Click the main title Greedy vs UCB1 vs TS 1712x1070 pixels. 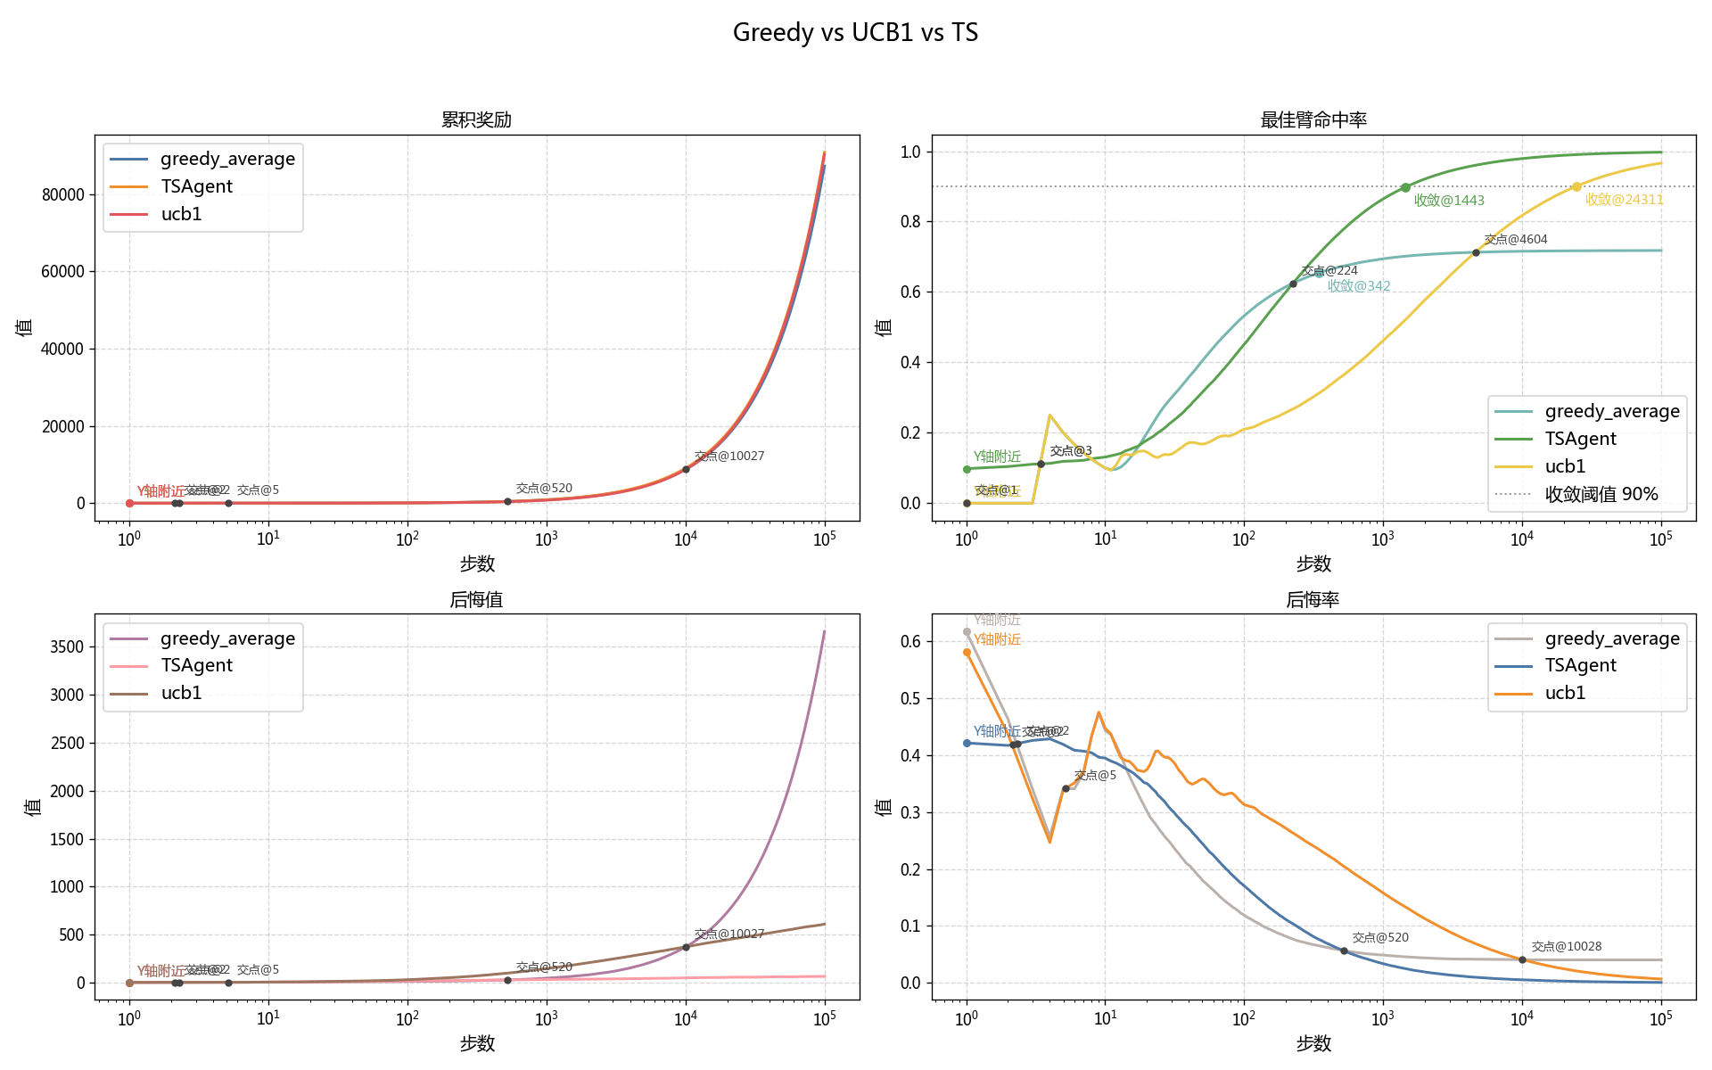pos(855,33)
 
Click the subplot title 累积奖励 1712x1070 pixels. pos(476,119)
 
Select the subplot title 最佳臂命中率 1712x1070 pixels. pos(1313,119)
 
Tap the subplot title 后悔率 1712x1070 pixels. pos(1313,599)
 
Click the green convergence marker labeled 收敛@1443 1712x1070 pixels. pos(1405,187)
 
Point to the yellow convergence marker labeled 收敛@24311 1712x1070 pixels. pos(1576,186)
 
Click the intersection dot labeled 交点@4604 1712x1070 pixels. pos(1476,253)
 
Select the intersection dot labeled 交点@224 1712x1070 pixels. pos(1293,284)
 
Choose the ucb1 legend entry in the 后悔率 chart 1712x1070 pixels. pos(1565,693)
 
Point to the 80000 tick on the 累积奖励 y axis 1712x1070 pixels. pos(62,194)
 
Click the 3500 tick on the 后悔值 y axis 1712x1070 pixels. pos(67,646)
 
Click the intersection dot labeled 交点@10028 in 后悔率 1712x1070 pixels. pos(1522,960)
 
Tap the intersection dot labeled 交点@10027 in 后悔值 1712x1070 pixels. pos(686,947)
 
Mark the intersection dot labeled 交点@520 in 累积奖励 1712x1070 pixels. pos(507,501)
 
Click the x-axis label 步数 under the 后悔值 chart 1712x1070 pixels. pos(476,1043)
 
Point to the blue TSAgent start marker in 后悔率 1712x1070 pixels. pos(967,743)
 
